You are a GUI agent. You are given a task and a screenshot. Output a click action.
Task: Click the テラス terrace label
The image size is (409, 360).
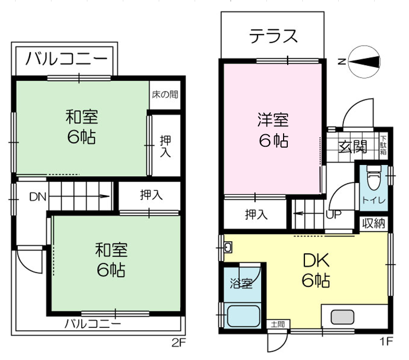[273, 36]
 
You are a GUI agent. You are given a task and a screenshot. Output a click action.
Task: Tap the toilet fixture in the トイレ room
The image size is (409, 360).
[374, 178]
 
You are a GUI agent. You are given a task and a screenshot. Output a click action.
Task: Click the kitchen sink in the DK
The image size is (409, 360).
[342, 317]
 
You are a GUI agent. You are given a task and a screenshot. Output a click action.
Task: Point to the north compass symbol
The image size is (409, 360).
[364, 61]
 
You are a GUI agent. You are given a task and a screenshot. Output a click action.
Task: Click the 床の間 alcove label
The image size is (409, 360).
[165, 95]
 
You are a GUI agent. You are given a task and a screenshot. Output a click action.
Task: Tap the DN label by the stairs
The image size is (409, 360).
[37, 197]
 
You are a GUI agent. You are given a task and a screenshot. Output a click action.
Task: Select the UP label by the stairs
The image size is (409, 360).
[334, 214]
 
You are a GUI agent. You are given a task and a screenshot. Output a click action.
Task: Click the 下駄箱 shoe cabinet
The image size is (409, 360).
[383, 145]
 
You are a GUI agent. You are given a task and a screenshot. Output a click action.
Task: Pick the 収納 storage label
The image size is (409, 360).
[374, 224]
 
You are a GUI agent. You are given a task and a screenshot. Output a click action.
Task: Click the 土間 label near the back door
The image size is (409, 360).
[278, 324]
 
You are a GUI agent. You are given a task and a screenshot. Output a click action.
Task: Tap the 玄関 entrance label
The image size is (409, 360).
[352, 147]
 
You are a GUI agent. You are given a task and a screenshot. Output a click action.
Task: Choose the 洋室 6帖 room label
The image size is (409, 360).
[273, 130]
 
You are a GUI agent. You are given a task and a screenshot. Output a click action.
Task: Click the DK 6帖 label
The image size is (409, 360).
[316, 270]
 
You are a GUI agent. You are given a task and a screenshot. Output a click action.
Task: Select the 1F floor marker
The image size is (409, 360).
[386, 341]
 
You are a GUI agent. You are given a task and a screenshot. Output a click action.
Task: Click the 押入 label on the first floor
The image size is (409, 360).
[256, 214]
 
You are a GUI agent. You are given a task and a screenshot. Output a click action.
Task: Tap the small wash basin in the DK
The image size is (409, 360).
[228, 248]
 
